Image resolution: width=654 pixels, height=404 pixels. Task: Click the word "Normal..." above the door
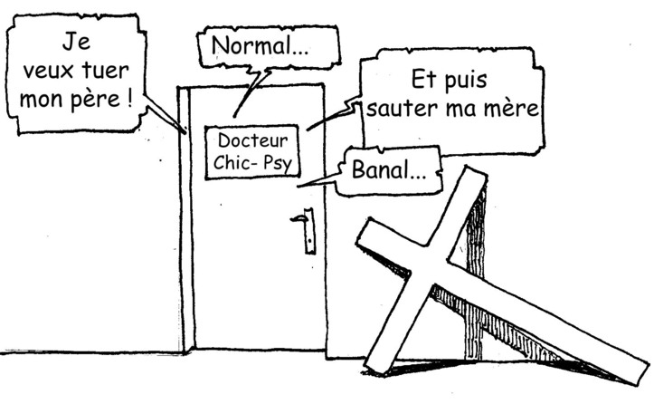260,46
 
